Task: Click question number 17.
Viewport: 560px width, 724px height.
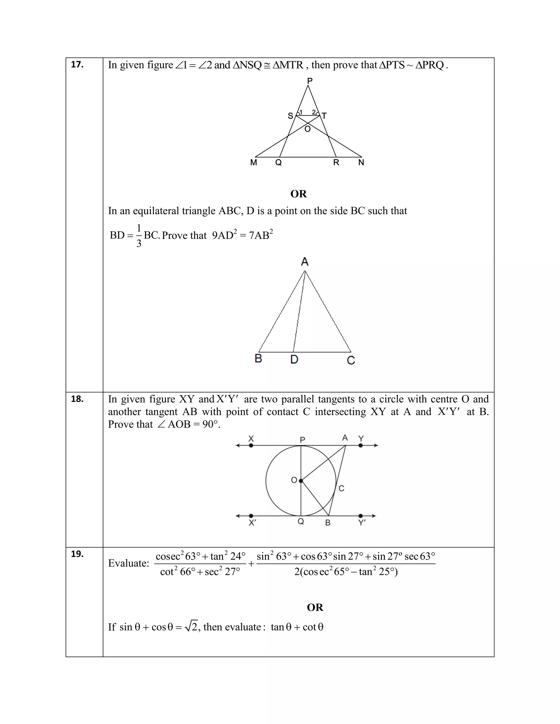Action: coord(77,65)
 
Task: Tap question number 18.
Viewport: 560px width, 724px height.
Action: coord(77,399)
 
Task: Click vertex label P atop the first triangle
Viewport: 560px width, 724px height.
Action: coord(310,81)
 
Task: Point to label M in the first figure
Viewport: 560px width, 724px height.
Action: coord(253,163)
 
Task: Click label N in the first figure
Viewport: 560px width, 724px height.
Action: coord(361,163)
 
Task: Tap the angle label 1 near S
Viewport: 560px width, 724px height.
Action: coord(301,112)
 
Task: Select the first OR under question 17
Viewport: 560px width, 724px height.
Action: coord(299,194)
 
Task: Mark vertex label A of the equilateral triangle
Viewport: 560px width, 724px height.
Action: coord(305,262)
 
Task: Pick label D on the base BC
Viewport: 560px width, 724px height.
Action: coord(294,359)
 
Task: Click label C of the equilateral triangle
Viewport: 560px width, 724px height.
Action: coord(351,360)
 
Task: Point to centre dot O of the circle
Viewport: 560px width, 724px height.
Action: coord(301,481)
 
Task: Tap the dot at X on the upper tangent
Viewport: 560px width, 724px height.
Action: coord(251,446)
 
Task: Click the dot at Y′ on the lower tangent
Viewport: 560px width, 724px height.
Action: coord(361,516)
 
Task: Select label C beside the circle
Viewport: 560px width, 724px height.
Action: coord(341,488)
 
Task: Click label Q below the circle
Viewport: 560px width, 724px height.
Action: coord(301,522)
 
